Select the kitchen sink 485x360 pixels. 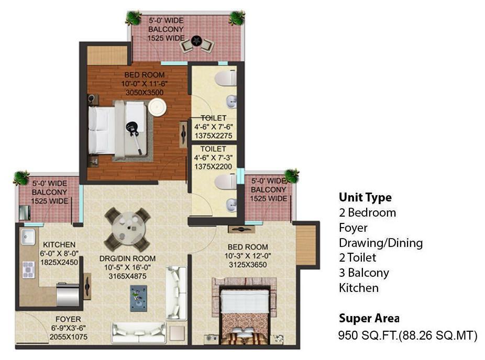point(28,237)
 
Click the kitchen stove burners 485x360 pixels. point(28,270)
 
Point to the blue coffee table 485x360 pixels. point(138,298)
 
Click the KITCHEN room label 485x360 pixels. point(59,244)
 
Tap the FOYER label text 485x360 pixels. point(68,319)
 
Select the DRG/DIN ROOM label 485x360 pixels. point(127,258)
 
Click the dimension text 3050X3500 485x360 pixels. point(145,93)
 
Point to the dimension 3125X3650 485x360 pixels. point(248,265)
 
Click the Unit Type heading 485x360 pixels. point(365,197)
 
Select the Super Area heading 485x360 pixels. point(369,318)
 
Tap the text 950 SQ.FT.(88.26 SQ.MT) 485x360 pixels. point(407,335)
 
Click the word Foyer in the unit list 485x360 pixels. point(353,228)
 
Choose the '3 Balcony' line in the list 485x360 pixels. point(364,273)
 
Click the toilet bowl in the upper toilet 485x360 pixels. point(226,78)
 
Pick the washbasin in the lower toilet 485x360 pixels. point(232,205)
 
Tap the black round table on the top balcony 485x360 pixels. point(196,41)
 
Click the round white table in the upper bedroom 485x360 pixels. point(157,107)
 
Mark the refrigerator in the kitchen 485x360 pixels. point(68,295)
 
